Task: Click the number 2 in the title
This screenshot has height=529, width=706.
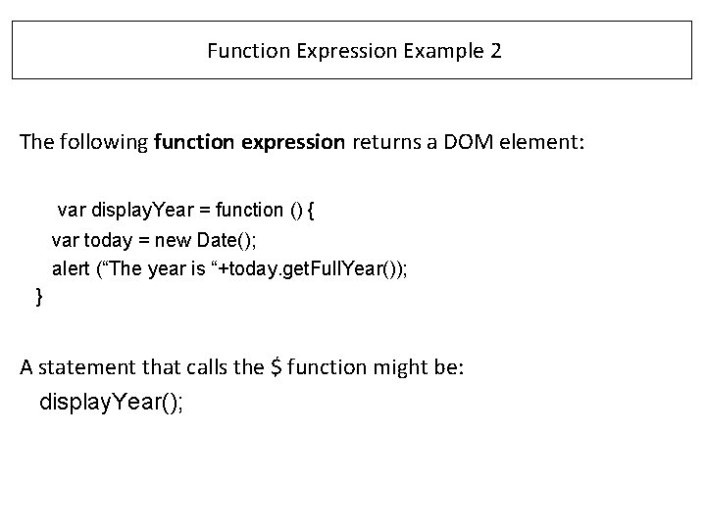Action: point(494,51)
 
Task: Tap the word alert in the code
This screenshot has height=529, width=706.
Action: point(71,269)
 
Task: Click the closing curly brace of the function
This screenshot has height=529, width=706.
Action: point(38,296)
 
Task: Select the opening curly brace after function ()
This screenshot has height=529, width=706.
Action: point(337,210)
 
